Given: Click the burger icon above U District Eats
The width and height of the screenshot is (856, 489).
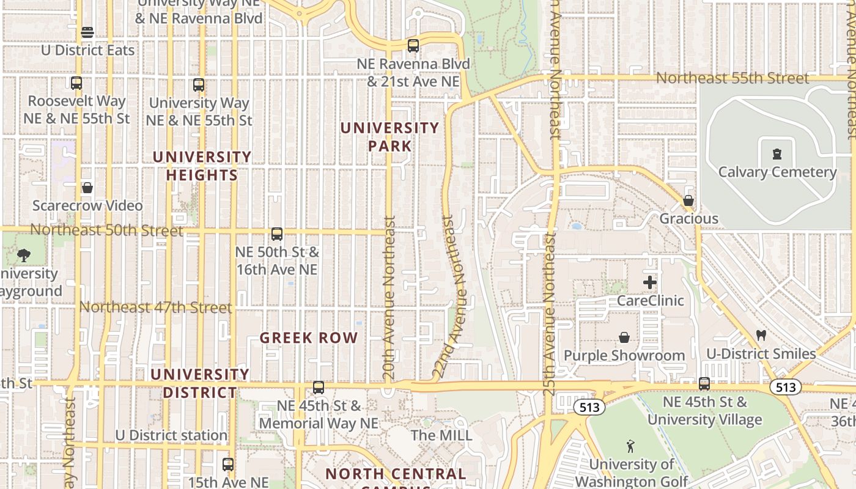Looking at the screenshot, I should [x=87, y=32].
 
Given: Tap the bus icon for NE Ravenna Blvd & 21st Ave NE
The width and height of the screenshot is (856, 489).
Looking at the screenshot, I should [x=413, y=45].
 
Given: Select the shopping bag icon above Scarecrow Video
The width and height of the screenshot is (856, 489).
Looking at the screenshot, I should [x=87, y=188].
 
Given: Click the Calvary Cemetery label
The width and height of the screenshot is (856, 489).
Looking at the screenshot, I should [x=777, y=172].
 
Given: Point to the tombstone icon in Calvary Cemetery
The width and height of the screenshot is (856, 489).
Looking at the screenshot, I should [x=777, y=154].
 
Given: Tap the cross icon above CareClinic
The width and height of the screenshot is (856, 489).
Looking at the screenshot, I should [x=650, y=282].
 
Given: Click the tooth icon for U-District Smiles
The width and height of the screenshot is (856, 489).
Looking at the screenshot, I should [x=761, y=335].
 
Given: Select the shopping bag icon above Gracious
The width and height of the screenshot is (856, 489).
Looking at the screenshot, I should [x=688, y=200].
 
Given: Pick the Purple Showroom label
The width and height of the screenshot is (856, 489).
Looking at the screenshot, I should [x=624, y=355].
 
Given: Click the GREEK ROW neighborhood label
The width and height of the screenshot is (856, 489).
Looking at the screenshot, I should [x=309, y=338].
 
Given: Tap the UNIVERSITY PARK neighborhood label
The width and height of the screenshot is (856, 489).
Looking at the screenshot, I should [x=389, y=137].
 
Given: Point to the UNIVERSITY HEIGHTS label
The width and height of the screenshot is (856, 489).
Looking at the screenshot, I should [x=202, y=166].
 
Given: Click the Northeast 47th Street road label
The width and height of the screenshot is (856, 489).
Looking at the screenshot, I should [x=156, y=307].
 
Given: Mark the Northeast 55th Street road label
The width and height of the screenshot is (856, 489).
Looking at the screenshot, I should [x=732, y=78].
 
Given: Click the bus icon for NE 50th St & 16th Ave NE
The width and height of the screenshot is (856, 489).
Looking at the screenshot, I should [x=277, y=233].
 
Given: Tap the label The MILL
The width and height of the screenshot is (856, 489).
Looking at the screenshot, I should [x=441, y=435].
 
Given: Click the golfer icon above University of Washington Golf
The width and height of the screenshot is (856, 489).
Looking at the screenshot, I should [x=631, y=446].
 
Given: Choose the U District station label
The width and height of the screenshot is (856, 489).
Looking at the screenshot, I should [x=171, y=435].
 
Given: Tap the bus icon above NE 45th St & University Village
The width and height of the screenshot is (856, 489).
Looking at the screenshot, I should [x=704, y=384].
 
